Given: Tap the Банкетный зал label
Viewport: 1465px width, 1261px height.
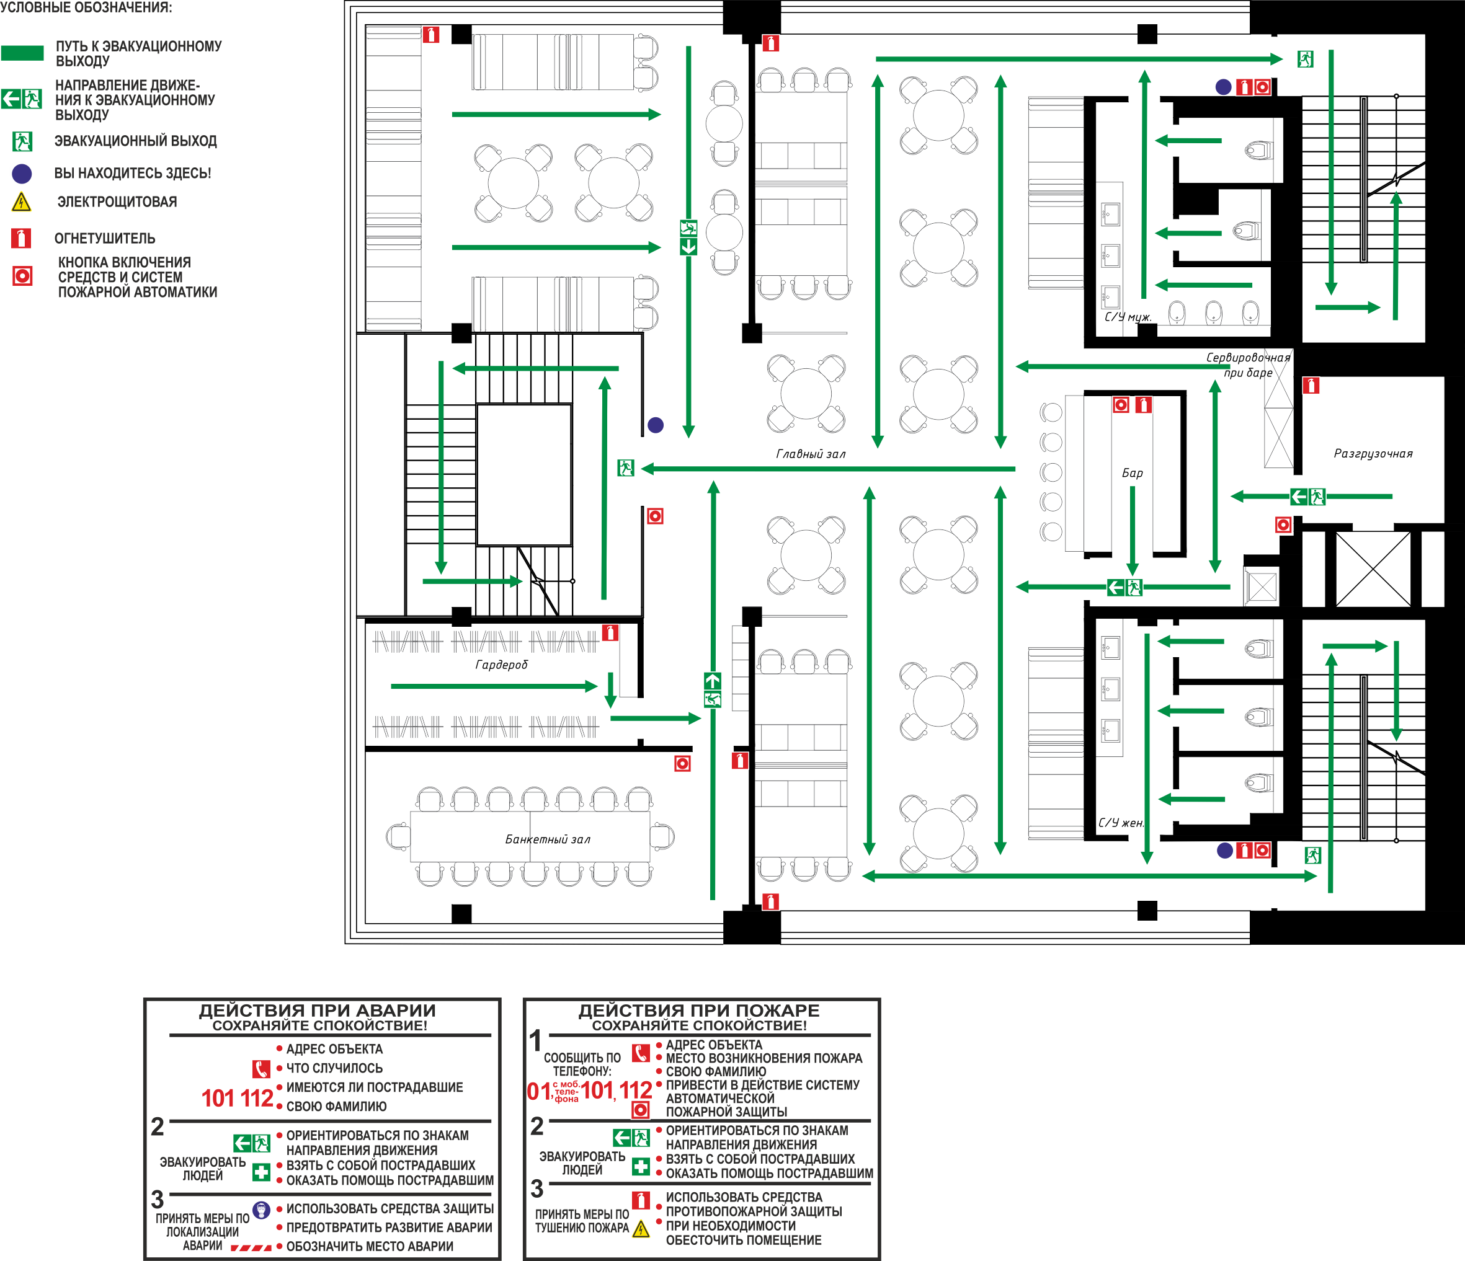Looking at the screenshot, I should point(547,839).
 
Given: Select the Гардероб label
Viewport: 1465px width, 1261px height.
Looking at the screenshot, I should point(501,665).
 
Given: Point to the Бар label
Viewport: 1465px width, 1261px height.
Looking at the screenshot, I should point(1132,473).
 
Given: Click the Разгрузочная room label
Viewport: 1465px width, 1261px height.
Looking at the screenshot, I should point(1373,453).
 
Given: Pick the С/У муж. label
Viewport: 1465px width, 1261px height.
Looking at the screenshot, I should point(1128,317).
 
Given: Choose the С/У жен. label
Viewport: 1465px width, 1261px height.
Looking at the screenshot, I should point(1121,822).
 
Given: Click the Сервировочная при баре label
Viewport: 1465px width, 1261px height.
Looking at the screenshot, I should point(1248,365).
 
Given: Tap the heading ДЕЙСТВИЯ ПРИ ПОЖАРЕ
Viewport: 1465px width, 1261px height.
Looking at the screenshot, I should point(699,1010).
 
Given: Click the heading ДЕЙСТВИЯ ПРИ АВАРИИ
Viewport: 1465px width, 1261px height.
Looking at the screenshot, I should point(318,1010).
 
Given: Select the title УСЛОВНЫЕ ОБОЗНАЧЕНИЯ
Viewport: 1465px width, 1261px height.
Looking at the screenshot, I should point(86,8).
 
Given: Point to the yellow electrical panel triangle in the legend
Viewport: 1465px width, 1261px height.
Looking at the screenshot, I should point(22,202).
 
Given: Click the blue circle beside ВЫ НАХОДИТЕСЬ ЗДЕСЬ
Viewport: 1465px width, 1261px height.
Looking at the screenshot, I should point(22,173).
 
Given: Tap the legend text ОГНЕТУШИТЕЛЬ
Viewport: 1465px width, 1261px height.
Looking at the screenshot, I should point(105,238).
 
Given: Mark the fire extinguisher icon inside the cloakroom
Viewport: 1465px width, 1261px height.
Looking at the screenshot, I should point(610,632).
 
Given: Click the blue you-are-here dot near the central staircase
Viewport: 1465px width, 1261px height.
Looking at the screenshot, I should point(656,425).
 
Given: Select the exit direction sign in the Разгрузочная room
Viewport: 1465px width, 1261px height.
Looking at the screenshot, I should point(1307,497).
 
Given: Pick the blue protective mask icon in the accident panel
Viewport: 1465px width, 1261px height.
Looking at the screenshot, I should point(262,1210).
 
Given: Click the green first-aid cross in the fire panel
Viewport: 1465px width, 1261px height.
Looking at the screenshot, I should point(641,1166).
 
